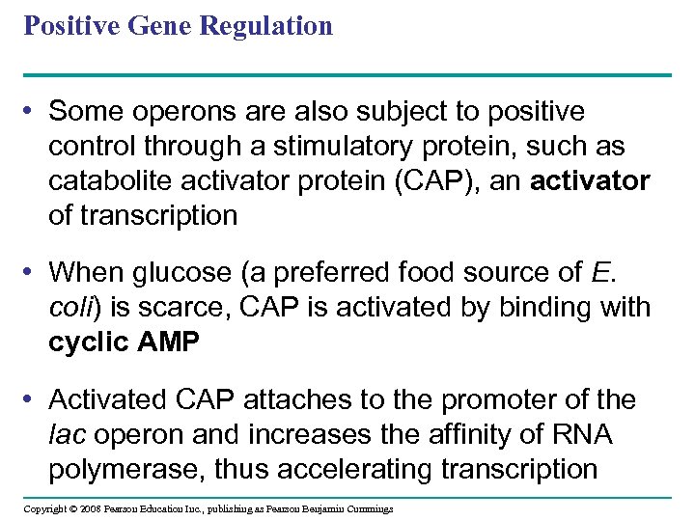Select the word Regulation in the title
[x=265, y=27]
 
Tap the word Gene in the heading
[x=163, y=26]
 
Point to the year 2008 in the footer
[x=90, y=508]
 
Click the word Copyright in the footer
[x=44, y=508]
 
